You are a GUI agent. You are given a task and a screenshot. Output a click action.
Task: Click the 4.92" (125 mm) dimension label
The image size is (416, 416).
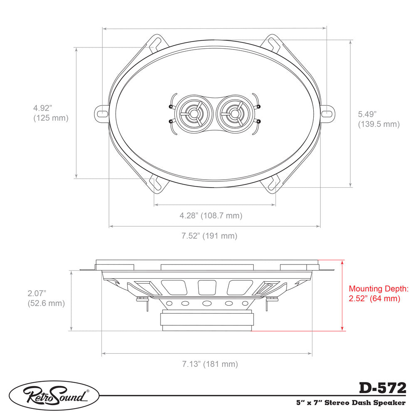tap(50, 113)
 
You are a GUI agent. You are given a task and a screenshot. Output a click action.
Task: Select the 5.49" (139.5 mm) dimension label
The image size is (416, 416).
tap(379, 119)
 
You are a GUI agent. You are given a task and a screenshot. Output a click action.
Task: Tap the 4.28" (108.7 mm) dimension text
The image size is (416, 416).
tap(211, 215)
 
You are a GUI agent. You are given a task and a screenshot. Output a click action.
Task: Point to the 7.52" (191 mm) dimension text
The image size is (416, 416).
tap(209, 236)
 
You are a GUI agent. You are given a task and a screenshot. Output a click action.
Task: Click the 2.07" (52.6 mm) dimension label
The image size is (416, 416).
tap(46, 298)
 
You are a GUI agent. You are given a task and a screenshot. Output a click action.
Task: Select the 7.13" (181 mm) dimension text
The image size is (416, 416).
tap(210, 364)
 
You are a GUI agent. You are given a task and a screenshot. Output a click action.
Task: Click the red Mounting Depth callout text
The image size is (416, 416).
tap(379, 293)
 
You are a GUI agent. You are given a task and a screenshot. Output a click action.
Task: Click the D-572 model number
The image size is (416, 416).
tap(382, 388)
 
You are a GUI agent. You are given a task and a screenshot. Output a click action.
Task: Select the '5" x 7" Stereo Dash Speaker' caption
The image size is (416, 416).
tap(350, 402)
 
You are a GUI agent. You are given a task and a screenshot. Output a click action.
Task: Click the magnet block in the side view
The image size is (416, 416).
tap(207, 321)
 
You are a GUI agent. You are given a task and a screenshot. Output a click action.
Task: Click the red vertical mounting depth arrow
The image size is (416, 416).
tap(342, 295)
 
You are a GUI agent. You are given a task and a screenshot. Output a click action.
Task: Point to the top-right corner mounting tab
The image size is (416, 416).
tap(274, 43)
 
